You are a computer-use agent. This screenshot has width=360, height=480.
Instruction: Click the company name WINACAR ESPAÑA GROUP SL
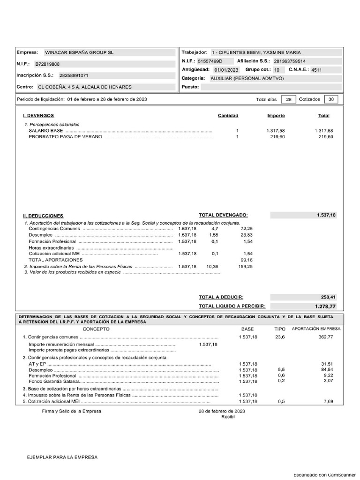point(79,52)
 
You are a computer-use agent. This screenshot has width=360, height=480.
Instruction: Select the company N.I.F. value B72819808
point(47,64)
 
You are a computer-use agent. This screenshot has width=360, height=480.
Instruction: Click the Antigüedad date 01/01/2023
point(226,70)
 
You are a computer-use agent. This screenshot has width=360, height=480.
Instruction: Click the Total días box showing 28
point(289,99)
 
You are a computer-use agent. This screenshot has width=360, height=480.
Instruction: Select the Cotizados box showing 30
point(331,99)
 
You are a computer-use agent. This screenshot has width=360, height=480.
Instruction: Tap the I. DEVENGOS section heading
point(38,115)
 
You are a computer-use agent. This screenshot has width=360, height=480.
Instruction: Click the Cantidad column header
point(228,116)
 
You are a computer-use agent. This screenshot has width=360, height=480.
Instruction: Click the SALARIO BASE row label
point(46,131)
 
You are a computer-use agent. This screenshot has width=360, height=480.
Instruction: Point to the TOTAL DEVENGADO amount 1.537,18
point(326,215)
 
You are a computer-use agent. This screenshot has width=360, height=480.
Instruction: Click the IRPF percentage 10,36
point(212,266)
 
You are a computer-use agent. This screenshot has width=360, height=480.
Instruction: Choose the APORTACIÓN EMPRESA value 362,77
point(325,337)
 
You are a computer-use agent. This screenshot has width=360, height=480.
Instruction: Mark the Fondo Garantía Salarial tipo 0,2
point(281,381)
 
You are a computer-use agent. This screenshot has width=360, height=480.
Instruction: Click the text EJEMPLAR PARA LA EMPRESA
point(62,457)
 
